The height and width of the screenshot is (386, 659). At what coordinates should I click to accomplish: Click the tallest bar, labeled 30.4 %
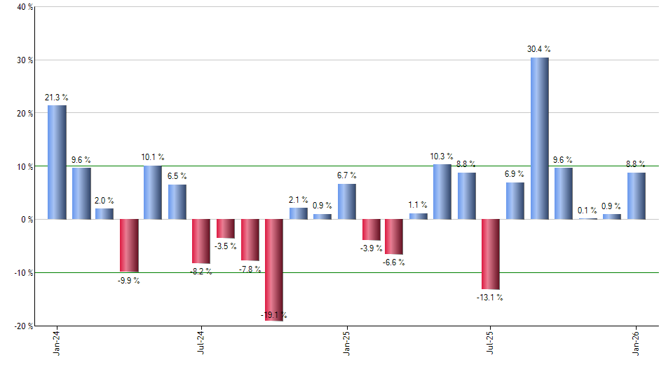[x=539, y=138]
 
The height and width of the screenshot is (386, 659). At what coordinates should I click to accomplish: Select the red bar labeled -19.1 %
[x=274, y=269]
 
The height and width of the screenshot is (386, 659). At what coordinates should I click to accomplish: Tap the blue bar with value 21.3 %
[x=57, y=162]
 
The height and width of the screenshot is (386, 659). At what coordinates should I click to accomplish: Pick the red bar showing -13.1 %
[x=491, y=254]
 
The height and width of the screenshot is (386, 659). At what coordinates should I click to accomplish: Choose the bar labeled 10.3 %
[x=442, y=192]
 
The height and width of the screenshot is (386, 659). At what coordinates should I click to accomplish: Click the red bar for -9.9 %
[x=129, y=246]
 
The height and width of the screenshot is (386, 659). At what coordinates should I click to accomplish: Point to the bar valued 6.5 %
[x=177, y=202]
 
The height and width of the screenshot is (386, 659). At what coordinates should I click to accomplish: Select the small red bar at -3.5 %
[x=226, y=229]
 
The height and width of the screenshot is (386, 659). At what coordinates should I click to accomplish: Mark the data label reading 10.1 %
[x=153, y=157]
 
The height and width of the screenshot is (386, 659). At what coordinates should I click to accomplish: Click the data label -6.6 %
[x=393, y=262]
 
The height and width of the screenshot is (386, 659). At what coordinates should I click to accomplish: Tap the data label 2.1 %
[x=298, y=200]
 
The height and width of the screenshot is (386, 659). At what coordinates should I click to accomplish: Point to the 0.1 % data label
[x=587, y=210]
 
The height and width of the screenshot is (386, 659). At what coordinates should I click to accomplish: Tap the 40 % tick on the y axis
[x=25, y=7]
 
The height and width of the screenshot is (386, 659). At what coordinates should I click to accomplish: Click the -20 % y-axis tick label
[x=24, y=326]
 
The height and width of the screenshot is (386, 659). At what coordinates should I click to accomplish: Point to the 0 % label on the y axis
[x=27, y=220]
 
